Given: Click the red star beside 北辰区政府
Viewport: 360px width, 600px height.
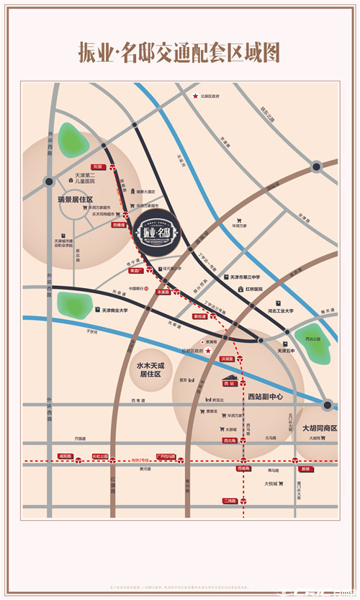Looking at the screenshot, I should pos(194,97).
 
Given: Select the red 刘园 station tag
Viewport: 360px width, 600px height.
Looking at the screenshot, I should pos(98,166).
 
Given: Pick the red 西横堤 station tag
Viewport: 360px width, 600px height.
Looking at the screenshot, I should pos(119,225).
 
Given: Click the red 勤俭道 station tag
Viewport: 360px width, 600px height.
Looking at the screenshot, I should pos(199,316).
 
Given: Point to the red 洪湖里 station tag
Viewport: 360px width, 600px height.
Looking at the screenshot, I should pos(227,358).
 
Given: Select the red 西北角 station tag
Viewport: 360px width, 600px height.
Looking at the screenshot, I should pos(230,440).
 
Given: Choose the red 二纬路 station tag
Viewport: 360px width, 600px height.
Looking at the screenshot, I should pos(230,501).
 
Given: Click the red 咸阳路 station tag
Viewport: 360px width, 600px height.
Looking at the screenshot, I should pos(66,456).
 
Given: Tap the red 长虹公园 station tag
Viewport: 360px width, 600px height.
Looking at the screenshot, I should pos(100,456).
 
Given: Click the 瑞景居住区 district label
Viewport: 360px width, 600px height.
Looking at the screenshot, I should pos(76,197).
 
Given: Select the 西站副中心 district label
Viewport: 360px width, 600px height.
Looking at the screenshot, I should pos(266,396).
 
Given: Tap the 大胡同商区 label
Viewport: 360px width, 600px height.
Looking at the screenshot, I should pos(320,427).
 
